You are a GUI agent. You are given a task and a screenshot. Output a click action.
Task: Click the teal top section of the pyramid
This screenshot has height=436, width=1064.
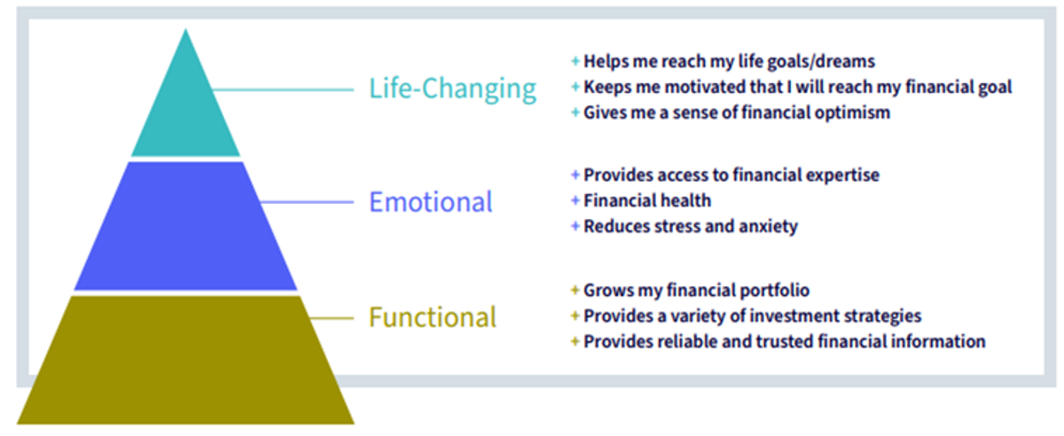[185, 109]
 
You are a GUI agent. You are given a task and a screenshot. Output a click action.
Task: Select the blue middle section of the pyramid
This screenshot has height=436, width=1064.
[185, 226]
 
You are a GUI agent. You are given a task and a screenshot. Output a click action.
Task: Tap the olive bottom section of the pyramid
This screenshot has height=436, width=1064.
[185, 360]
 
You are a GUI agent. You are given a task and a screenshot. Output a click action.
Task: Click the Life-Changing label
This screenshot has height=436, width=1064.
[453, 90]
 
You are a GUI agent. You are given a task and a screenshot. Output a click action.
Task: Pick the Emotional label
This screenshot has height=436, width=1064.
[431, 202]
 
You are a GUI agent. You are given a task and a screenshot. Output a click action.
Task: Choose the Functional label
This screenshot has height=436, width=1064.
[433, 317]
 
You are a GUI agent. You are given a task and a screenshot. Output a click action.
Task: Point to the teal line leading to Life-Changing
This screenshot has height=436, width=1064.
[283, 90]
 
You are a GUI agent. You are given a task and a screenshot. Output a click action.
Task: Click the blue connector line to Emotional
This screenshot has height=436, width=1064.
[307, 202]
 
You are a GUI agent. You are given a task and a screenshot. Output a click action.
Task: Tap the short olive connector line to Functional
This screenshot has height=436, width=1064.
[332, 318]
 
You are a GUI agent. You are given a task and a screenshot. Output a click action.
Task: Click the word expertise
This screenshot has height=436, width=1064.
[842, 175]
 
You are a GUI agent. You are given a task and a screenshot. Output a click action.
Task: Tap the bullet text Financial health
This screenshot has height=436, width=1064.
[647, 200]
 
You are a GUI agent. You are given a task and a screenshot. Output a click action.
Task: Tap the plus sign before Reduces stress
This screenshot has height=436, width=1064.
[575, 226]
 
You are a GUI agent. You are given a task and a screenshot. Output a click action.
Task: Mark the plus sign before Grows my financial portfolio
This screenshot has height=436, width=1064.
[575, 290]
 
